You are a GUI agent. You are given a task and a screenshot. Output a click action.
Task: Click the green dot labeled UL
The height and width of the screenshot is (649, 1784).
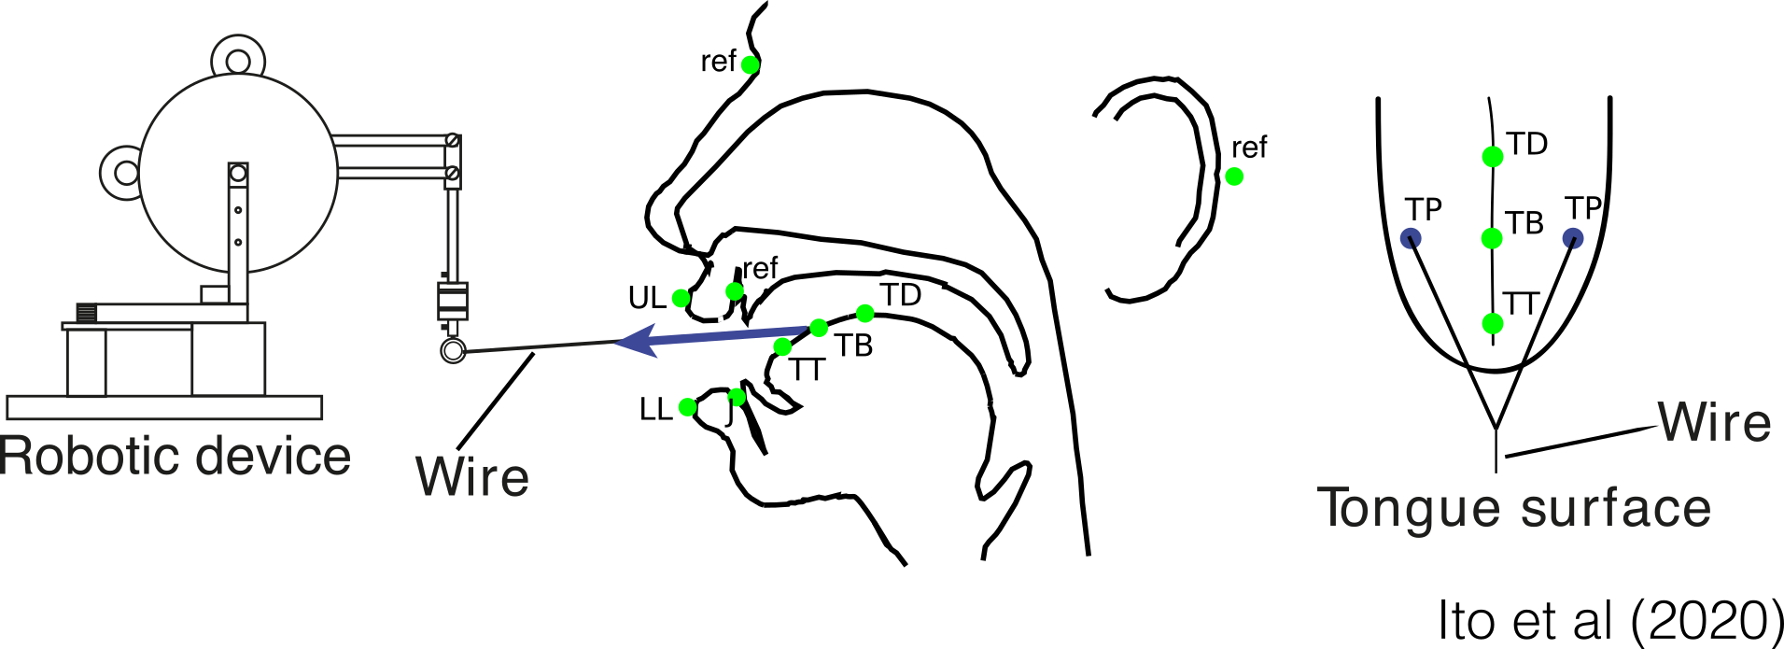tap(681, 299)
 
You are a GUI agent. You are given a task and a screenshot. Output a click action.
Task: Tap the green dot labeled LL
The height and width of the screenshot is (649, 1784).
tap(688, 407)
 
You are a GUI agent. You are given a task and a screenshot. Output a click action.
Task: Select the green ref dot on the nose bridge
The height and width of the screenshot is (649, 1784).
tap(751, 64)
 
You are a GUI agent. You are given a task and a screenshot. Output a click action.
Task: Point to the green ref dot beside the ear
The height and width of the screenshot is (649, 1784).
tap(1234, 176)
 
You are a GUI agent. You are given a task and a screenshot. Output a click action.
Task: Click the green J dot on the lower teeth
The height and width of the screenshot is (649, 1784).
tap(737, 398)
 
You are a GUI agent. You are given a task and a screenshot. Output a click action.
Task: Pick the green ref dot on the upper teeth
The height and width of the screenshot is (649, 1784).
tap(735, 291)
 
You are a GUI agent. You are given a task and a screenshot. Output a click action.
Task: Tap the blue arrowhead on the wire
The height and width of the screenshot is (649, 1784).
tap(635, 339)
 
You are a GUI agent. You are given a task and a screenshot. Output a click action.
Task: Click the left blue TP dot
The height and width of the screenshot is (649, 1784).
tap(1412, 238)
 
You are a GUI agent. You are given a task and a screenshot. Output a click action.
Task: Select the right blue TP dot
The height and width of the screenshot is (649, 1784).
tap(1573, 238)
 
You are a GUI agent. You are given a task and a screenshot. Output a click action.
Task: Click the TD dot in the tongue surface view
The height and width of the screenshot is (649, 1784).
tap(1493, 157)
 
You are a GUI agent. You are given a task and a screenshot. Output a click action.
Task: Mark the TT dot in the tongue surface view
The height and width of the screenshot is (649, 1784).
tap(1493, 324)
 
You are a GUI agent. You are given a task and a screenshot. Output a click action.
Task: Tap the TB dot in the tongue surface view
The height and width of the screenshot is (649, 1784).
tap(1492, 238)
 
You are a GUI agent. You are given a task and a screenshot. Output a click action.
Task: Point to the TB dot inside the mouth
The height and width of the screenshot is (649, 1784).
tap(819, 328)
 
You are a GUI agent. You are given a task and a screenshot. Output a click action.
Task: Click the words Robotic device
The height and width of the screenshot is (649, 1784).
tap(176, 457)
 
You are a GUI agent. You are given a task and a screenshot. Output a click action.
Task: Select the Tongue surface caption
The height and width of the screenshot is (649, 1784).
tap(1514, 509)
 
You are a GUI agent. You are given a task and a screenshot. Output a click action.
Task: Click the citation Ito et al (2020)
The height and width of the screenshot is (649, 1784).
tap(1610, 619)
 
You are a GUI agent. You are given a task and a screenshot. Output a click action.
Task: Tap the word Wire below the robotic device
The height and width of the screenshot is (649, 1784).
tap(472, 476)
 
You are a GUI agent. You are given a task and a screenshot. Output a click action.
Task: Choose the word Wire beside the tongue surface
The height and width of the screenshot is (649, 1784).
tap(1715, 422)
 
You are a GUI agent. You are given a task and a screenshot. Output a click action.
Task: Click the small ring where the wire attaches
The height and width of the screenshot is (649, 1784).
tap(453, 351)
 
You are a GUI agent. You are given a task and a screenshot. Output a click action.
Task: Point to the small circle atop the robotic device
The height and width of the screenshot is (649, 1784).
tap(238, 62)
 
